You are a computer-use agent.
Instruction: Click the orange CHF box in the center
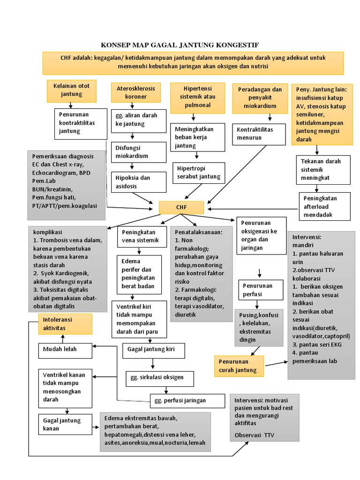181,208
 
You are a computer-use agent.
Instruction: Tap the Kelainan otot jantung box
72,90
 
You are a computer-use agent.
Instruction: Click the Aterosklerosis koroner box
135,93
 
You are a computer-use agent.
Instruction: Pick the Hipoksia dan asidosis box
138,182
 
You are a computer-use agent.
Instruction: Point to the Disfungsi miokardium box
138,151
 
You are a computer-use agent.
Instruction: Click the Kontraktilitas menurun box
259,134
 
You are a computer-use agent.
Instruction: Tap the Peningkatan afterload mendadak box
325,206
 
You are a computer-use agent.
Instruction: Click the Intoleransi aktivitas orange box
65,324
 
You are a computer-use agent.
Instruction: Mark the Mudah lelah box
65,349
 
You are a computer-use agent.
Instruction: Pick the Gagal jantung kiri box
153,350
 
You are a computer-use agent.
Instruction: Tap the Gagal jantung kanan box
65,425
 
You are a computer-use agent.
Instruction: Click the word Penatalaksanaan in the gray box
199,232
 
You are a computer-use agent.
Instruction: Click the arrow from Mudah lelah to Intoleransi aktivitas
63,338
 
